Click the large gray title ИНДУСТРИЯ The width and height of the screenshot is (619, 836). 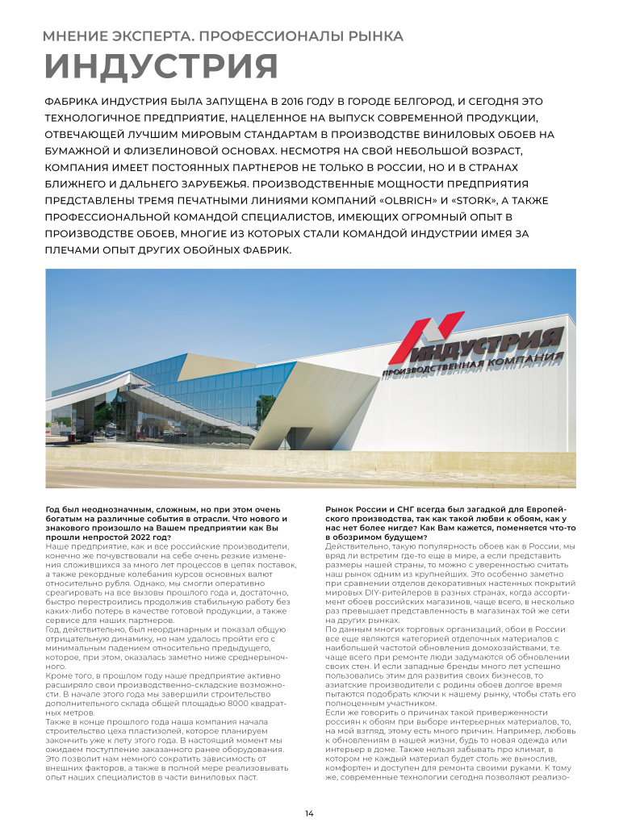click(161, 67)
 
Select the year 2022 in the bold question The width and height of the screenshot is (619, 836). click(156, 537)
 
